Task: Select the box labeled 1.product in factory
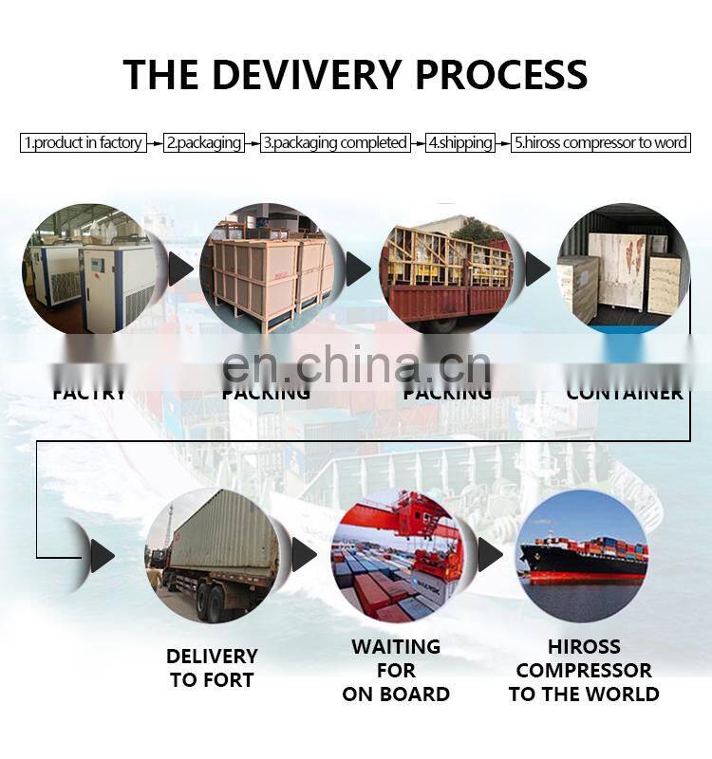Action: [84, 143]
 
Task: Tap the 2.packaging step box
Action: [205, 143]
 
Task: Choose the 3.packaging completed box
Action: [335, 143]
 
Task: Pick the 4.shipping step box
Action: [460, 143]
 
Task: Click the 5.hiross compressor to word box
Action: [600, 143]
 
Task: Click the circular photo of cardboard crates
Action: [268, 268]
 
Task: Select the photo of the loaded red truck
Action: [446, 268]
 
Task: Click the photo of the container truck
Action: [212, 555]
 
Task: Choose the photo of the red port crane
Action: [397, 555]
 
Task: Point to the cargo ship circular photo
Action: [582, 555]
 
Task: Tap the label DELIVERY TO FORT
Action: [212, 668]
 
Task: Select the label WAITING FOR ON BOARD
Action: [396, 670]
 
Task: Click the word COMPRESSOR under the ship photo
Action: [584, 671]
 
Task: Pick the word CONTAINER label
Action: [625, 393]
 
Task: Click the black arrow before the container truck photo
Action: [102, 555]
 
